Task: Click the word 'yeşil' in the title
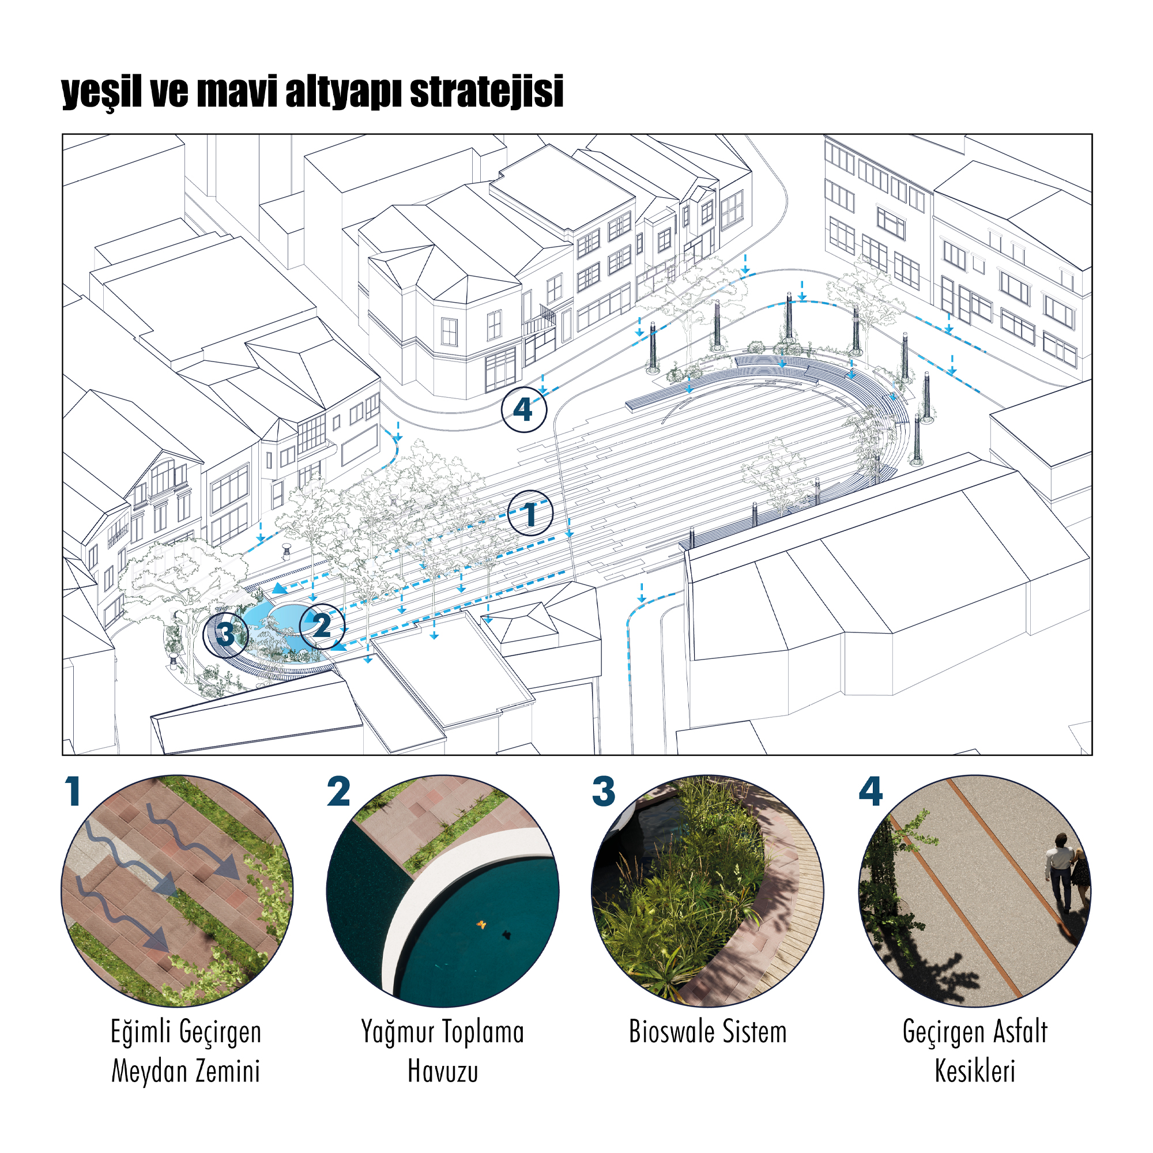pos(101,92)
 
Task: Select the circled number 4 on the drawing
pos(523,409)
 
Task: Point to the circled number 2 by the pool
pos(322,626)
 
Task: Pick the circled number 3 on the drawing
pos(225,634)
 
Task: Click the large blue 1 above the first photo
pos(73,792)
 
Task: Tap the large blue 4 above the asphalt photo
pos(871,792)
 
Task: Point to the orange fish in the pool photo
pos(480,925)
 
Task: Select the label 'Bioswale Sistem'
pos(708,1032)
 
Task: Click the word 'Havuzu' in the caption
pos(443,1071)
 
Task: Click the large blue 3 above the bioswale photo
pos(604,792)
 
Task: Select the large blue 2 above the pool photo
pos(338,792)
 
